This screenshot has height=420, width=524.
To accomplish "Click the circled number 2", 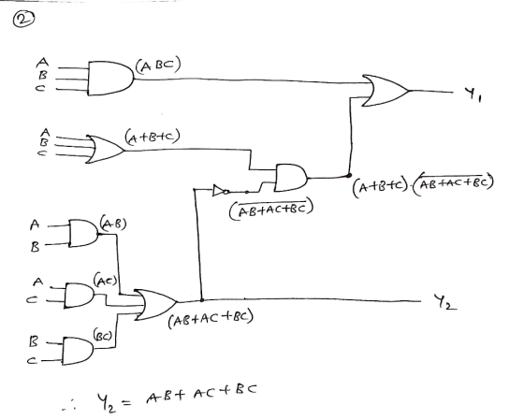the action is [x=23, y=19].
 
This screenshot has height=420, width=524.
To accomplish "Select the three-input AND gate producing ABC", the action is [x=110, y=79].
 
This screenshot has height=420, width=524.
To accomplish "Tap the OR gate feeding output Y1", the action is [x=385, y=91].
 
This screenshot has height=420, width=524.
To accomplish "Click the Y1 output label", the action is [x=473, y=94].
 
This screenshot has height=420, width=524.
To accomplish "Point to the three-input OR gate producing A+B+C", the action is [x=105, y=150].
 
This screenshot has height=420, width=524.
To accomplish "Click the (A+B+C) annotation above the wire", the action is [x=153, y=138].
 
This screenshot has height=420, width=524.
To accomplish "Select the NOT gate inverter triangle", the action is [x=221, y=191].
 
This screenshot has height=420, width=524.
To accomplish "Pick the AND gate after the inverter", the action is [x=290, y=178].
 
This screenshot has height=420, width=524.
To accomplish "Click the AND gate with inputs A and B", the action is [x=83, y=233].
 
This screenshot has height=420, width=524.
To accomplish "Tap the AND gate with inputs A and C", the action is [x=80, y=296].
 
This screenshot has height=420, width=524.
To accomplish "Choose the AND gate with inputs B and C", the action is [x=78, y=351].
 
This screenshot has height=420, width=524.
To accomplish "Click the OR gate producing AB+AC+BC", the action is [x=155, y=305].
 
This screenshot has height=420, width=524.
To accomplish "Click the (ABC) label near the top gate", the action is [x=158, y=65].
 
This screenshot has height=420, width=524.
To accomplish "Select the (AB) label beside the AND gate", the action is [x=113, y=224].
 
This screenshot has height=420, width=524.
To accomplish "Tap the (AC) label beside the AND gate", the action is [x=106, y=280].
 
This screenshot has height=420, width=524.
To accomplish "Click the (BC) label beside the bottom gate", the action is [x=102, y=335].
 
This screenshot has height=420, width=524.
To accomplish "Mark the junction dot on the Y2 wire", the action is [x=202, y=300].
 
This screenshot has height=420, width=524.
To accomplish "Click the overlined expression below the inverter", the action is [x=271, y=209].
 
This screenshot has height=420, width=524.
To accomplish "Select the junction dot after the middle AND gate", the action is [x=349, y=175].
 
